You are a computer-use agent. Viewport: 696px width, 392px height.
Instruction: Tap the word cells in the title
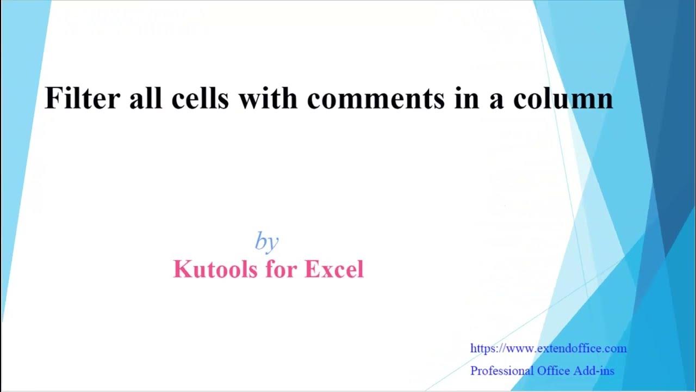[x=198, y=99]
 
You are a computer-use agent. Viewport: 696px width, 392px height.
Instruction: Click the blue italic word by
[x=266, y=242]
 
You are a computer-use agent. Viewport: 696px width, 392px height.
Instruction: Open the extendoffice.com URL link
[x=548, y=348]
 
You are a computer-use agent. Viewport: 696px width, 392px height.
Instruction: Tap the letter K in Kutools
[x=181, y=269]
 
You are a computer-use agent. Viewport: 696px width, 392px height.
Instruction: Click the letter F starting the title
[x=52, y=99]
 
